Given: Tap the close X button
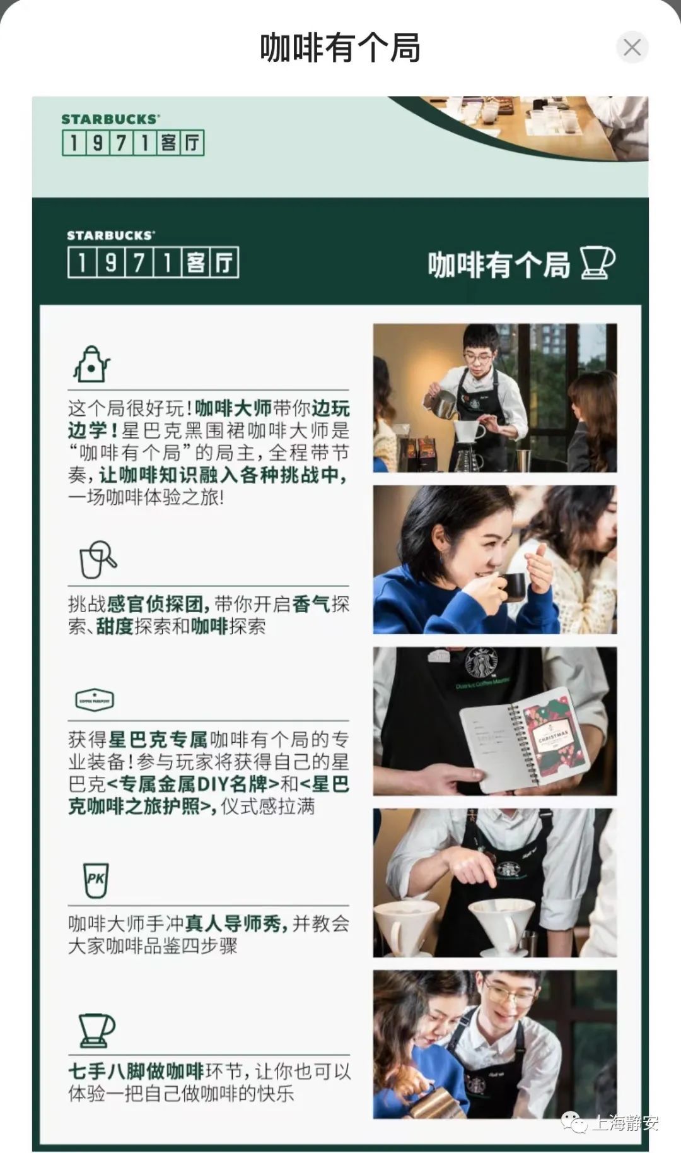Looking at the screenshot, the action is (x=632, y=47).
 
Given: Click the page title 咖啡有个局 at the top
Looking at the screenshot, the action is (x=340, y=48).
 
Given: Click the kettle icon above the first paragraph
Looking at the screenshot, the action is (x=91, y=364).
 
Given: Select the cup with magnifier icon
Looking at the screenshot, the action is (x=98, y=560).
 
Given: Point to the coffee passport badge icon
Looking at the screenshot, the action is (x=95, y=700).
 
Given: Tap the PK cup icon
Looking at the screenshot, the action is (x=96, y=880).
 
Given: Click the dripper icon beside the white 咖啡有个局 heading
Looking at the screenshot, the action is (x=597, y=263).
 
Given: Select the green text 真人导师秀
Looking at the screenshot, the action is (x=233, y=924).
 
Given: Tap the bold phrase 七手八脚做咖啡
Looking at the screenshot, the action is (x=136, y=1071).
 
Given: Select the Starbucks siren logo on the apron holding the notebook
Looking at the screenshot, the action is (x=481, y=663).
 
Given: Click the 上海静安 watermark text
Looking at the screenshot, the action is (x=625, y=1123).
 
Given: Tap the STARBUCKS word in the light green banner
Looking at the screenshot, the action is (x=110, y=119).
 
